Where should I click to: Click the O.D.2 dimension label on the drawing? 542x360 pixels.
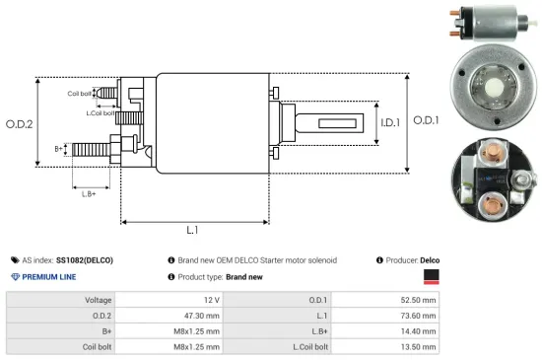[20, 124]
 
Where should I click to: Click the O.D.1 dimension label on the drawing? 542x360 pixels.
[426, 120]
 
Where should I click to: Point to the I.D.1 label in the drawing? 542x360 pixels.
[388, 124]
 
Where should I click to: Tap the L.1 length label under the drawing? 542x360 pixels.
[193, 230]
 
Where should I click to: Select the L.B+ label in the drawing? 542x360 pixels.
[90, 194]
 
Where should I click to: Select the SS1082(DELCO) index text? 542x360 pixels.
[84, 259]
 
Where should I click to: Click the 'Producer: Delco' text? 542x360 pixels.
[410, 259]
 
